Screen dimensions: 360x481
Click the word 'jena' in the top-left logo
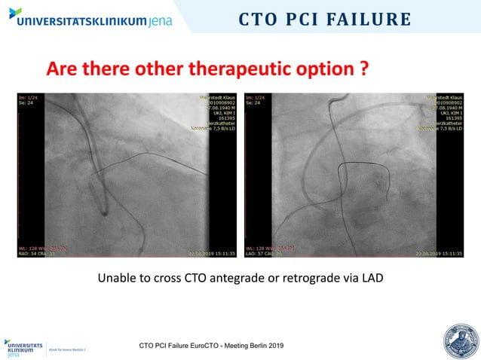[x=156, y=20]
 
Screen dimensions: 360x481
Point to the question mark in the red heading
[x=363, y=70]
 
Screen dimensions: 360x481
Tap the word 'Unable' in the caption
[x=116, y=279]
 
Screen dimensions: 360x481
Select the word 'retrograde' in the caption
[x=298, y=279]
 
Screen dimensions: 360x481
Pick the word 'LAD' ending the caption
[x=372, y=279]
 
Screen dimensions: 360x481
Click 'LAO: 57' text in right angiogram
[x=260, y=253]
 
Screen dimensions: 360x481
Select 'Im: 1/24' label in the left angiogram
[x=29, y=98]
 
